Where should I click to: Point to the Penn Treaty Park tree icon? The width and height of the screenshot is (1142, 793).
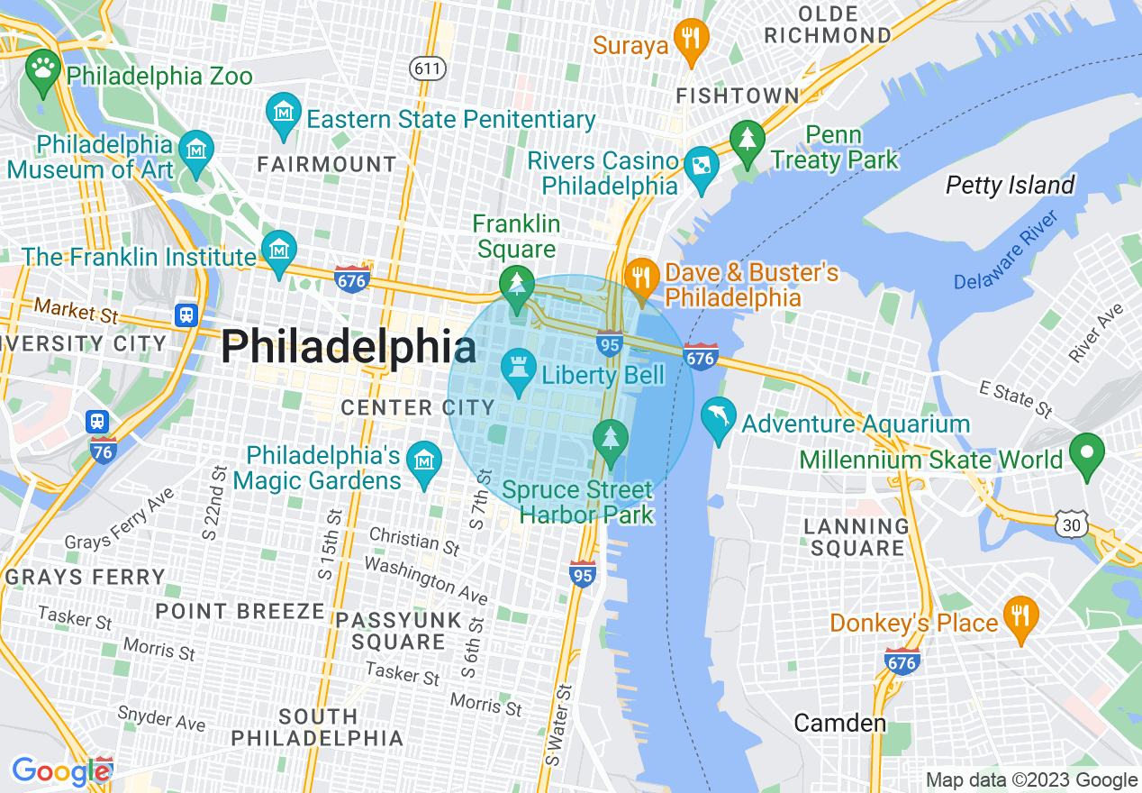[x=747, y=141]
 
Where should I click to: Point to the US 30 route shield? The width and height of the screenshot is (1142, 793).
[x=1073, y=523]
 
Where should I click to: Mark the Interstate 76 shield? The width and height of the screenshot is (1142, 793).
[x=103, y=451]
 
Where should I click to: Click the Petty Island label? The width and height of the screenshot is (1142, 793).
[x=1010, y=186]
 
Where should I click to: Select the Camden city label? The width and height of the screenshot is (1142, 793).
[x=839, y=723]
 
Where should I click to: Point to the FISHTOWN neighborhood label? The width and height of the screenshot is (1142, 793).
[x=737, y=96]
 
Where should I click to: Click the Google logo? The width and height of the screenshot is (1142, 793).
[x=60, y=771]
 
